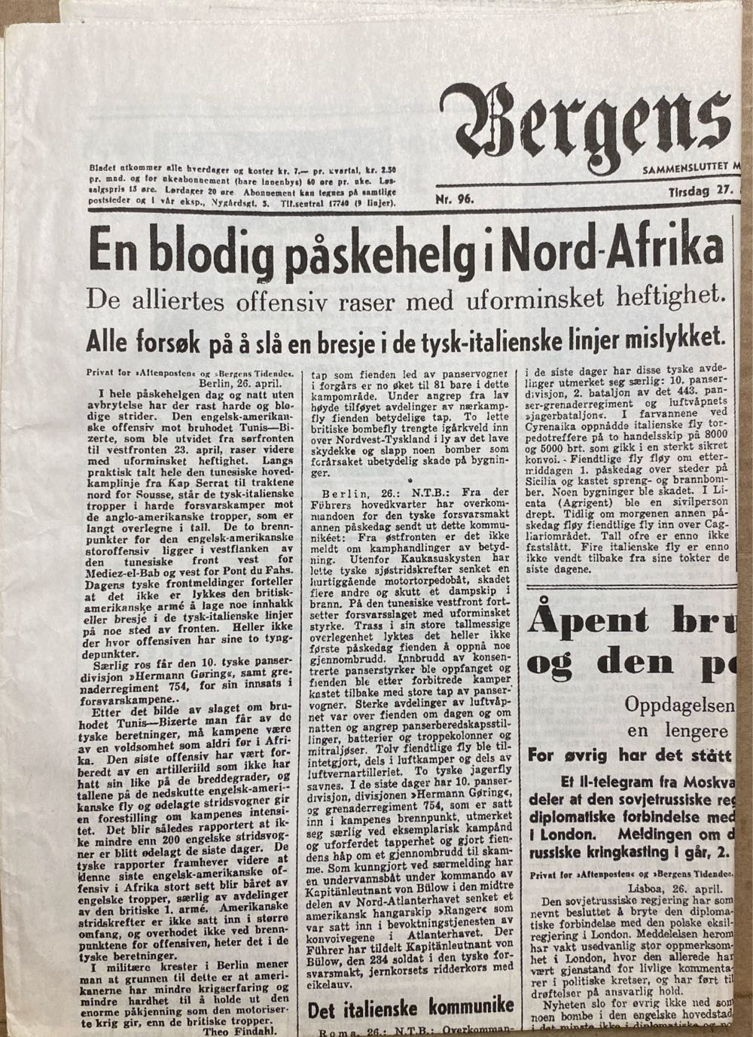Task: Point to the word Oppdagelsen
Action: click(681, 705)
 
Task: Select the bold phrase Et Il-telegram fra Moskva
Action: click(651, 779)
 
